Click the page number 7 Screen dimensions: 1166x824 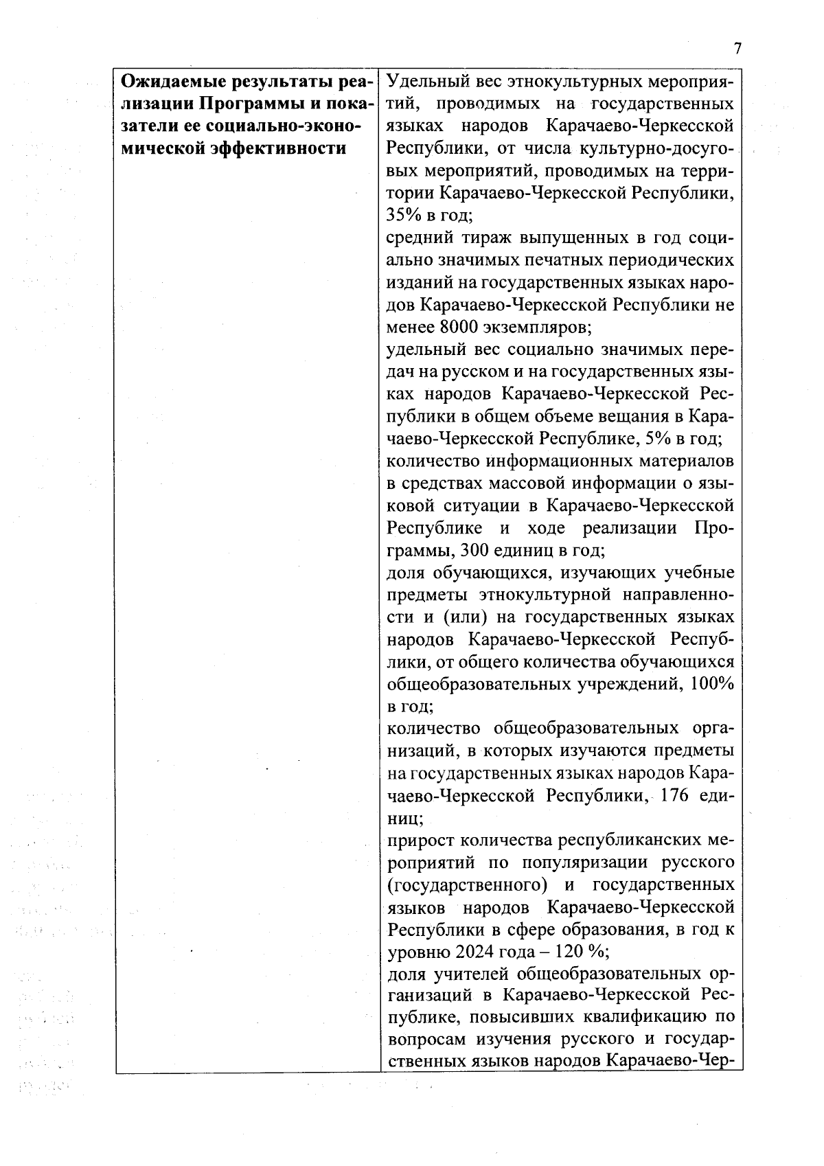coord(737,49)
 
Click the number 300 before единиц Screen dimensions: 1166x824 coord(477,550)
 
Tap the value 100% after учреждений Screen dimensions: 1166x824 coord(712,684)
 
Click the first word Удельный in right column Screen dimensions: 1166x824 coord(425,82)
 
